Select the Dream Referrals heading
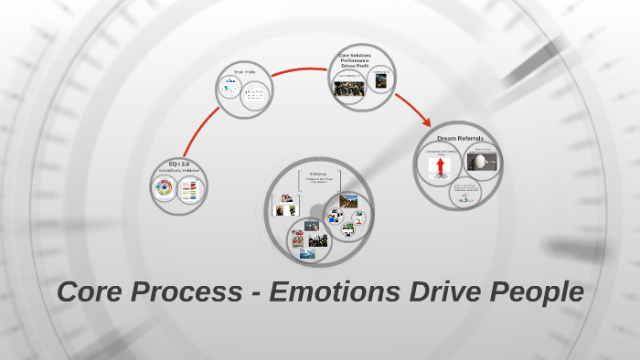click(459, 138)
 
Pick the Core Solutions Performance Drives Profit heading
click(361, 61)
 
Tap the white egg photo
click(477, 163)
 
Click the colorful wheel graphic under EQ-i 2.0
click(165, 190)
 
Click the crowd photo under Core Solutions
click(349, 88)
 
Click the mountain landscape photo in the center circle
click(348, 200)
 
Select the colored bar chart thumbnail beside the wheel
click(189, 191)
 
